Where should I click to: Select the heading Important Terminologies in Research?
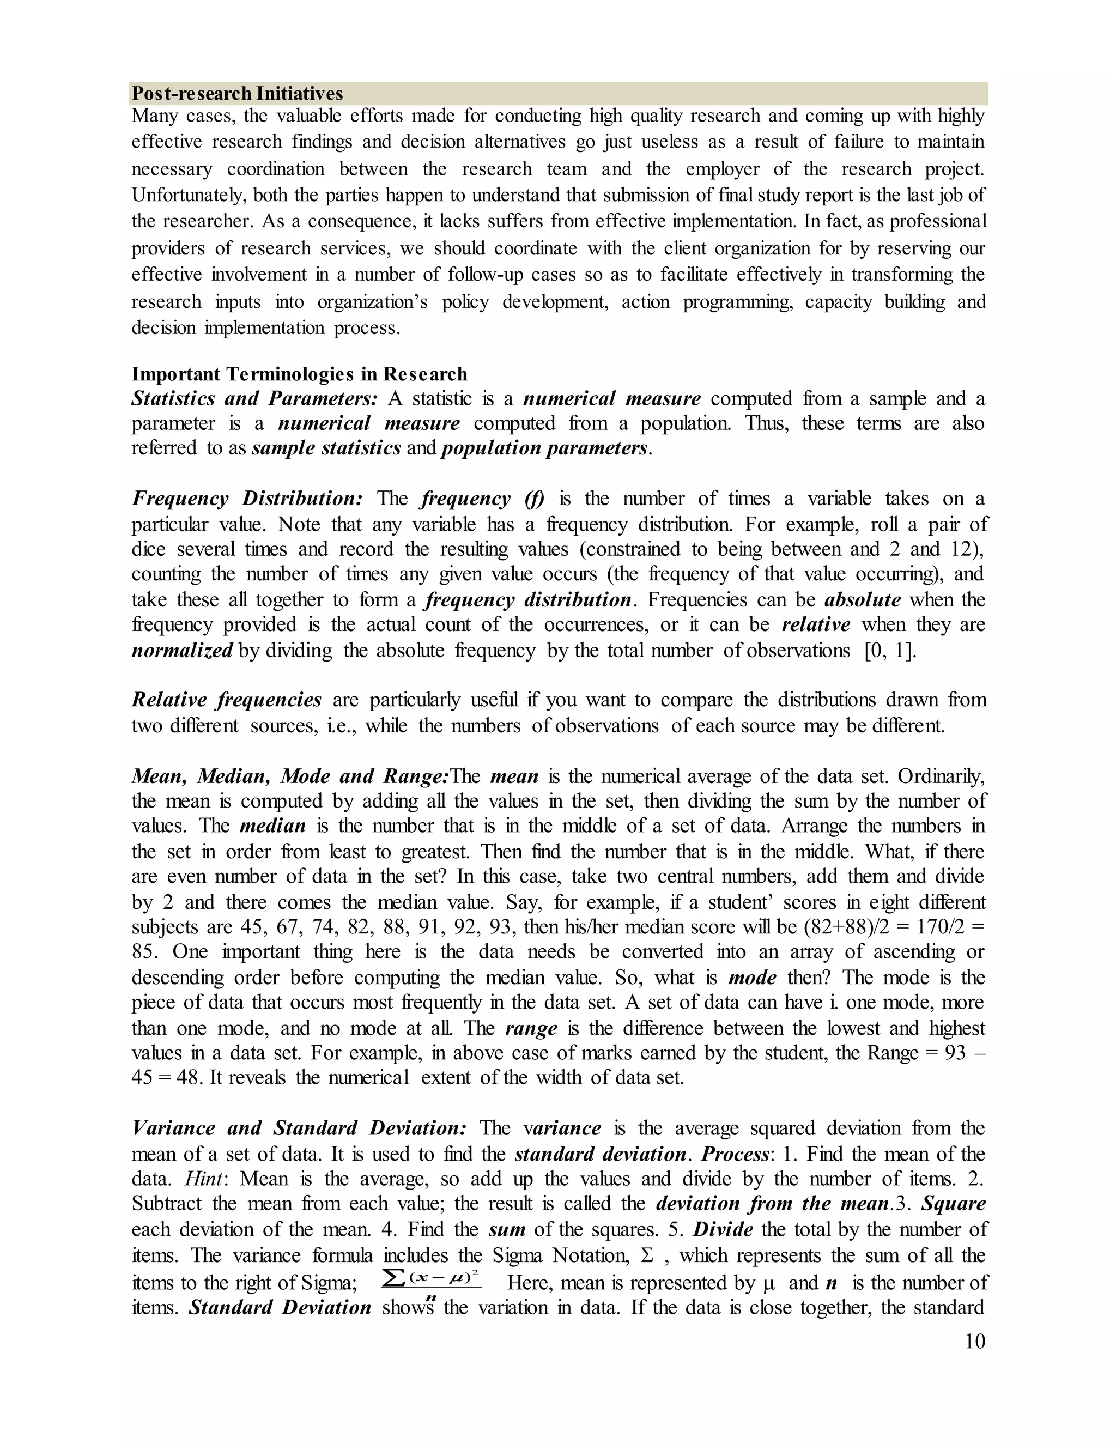coord(299,374)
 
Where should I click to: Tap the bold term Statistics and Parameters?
coord(254,399)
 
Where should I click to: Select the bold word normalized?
coord(182,651)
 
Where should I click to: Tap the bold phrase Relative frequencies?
coord(226,700)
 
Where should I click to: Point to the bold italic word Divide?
coord(723,1229)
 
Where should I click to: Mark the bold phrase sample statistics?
coord(326,448)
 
